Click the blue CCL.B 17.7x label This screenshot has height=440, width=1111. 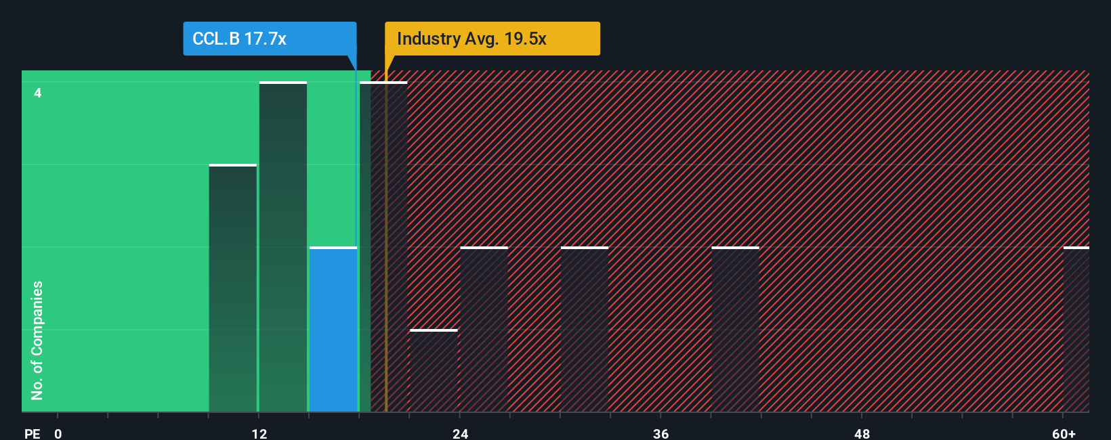269,39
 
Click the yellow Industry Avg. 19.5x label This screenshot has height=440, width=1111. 492,39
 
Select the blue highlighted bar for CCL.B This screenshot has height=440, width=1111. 333,330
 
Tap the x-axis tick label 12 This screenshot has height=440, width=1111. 259,433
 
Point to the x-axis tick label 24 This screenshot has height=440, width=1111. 461,433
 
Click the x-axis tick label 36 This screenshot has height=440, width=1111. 661,433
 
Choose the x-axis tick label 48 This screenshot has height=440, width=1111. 862,433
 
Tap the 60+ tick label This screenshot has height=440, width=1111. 1064,433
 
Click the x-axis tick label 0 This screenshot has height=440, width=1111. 58,433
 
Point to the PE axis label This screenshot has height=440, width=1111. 32,433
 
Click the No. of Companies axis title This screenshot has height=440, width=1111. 37,340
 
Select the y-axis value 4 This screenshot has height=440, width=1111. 38,93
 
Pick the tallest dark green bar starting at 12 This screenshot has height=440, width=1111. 283,247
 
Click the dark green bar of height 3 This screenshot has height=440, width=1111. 232,288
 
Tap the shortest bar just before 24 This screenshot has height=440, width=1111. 434,371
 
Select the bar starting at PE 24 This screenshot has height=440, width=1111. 484,330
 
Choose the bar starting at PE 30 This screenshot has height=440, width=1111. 585,330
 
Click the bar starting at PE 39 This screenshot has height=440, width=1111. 735,330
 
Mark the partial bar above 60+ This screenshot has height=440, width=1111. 1076,330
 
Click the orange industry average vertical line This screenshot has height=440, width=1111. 386,271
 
